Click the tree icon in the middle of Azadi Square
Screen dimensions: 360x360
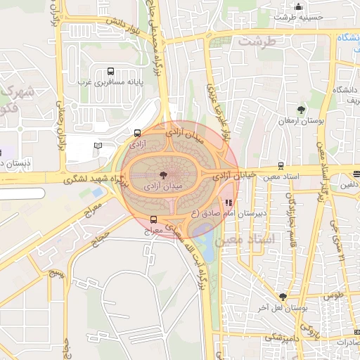[x=163, y=174]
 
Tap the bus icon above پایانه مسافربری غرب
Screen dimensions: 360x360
[x=110, y=71]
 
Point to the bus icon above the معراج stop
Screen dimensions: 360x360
[x=153, y=220]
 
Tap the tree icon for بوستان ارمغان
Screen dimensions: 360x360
[x=301, y=110]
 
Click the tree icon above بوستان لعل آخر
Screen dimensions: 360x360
[x=282, y=297]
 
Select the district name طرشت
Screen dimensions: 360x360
[x=253, y=41]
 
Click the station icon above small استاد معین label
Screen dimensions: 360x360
[x=281, y=166]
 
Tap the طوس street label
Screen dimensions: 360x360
[x=332, y=297]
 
